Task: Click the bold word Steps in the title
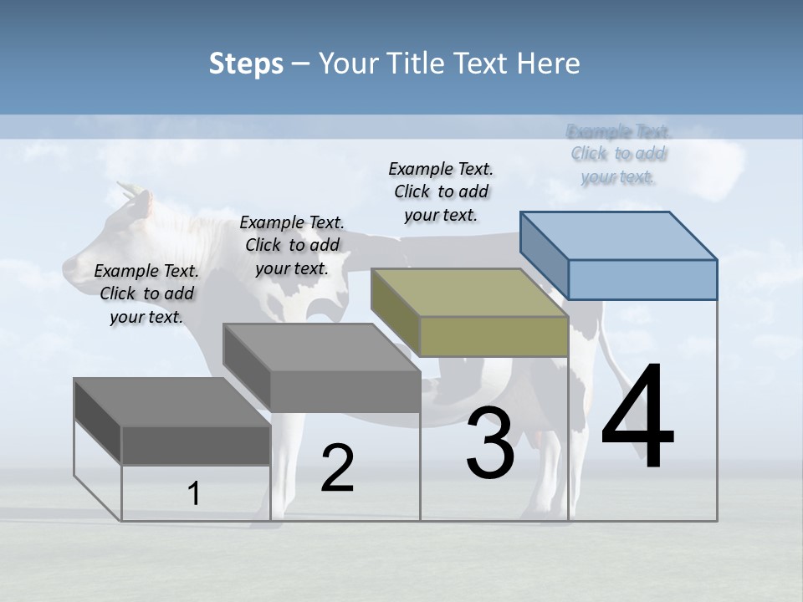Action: [x=246, y=64]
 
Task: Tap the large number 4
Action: [x=637, y=418]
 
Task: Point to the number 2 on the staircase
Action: [x=337, y=468]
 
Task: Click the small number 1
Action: [x=194, y=494]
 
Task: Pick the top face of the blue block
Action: [x=619, y=235]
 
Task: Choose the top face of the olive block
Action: [x=470, y=292]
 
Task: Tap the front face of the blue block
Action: [x=642, y=279]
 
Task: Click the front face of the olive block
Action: [x=494, y=337]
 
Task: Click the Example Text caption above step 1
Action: [x=146, y=293]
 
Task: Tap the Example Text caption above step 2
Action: [x=292, y=245]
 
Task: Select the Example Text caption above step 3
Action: [x=441, y=191]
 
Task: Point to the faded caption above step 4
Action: [x=618, y=154]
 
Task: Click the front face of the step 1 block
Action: [x=196, y=445]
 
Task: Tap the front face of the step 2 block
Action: [x=345, y=391]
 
